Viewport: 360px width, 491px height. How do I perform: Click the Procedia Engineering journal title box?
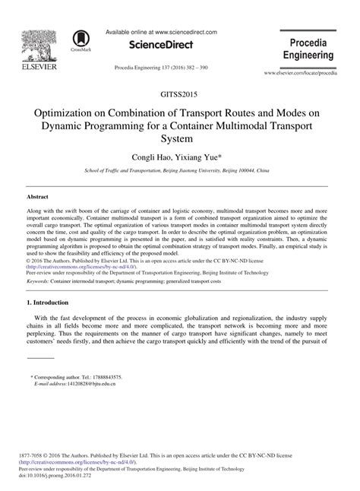[308, 49]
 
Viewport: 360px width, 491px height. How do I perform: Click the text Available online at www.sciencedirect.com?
[161, 33]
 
